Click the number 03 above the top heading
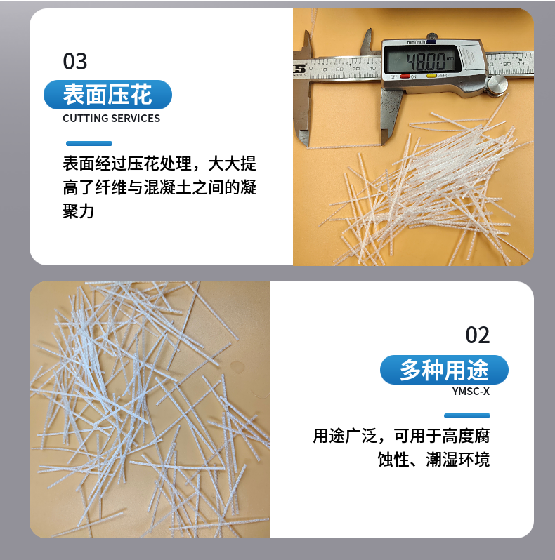tap(75, 61)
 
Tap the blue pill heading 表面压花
tap(107, 95)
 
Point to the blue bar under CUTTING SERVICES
tap(89, 144)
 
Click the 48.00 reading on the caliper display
tap(426, 62)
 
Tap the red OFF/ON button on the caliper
tap(405, 76)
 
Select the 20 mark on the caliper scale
tap(339, 69)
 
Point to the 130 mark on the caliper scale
tap(523, 63)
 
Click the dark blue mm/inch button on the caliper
tap(431, 41)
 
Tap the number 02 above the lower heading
tap(478, 335)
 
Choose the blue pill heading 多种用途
tap(444, 370)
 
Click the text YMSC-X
tap(471, 392)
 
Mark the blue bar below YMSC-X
tap(467, 415)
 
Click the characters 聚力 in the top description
tap(79, 211)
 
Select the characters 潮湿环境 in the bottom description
tap(458, 459)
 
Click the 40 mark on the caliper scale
tap(372, 68)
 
